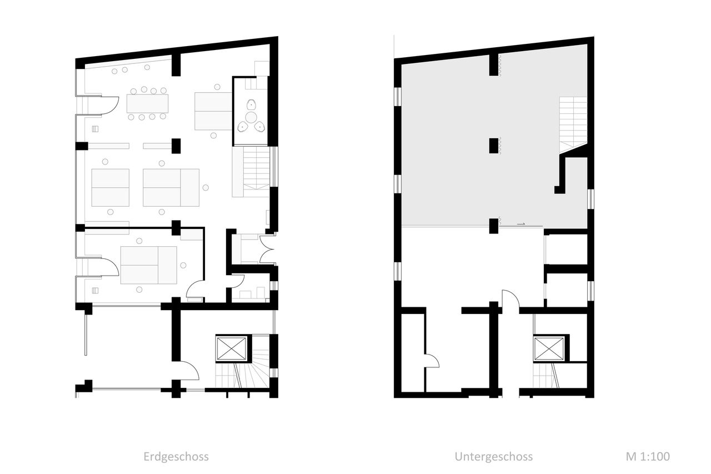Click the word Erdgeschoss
pyautogui.click(x=176, y=457)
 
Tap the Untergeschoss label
pyautogui.click(x=494, y=457)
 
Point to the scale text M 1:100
pyautogui.click(x=648, y=456)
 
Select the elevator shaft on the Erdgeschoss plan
pyautogui.click(x=231, y=348)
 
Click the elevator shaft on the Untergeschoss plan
pyautogui.click(x=549, y=348)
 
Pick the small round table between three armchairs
pyautogui.click(x=251, y=117)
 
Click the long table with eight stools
pyautogui.click(x=147, y=103)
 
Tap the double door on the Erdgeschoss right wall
pyautogui.click(x=267, y=249)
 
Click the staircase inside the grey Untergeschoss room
pyautogui.click(x=573, y=124)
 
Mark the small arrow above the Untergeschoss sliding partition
pyautogui.click(x=521, y=224)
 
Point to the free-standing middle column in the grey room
pyautogui.click(x=494, y=146)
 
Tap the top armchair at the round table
pyautogui.click(x=251, y=104)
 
